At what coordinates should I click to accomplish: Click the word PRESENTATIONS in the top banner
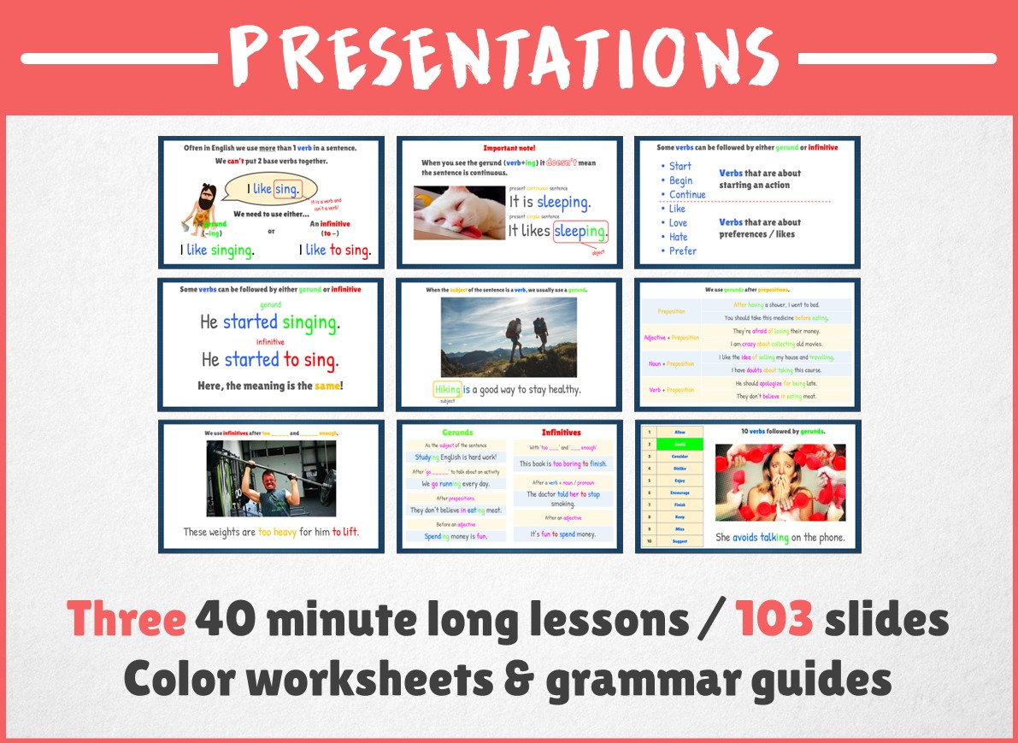[x=509, y=57]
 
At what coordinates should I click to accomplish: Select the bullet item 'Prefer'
[x=682, y=251]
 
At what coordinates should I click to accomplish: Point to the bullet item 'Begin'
[x=681, y=180]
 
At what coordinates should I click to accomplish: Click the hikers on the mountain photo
[x=509, y=337]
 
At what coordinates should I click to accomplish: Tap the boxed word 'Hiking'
[x=447, y=389]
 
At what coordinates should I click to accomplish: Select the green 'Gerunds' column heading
[x=457, y=433]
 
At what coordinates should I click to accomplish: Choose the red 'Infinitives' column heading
[x=562, y=433]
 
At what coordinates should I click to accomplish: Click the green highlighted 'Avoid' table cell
[x=680, y=444]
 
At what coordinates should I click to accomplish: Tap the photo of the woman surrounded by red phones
[x=780, y=482]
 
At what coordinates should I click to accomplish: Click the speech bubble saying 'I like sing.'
[x=269, y=188]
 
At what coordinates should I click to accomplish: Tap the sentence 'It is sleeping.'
[x=549, y=202]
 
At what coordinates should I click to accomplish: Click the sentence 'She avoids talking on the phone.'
[x=780, y=537]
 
